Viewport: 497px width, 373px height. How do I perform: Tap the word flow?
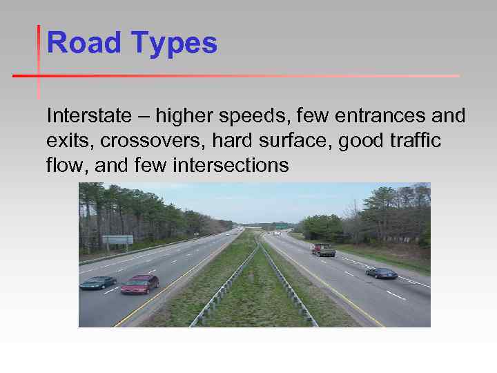[64, 166]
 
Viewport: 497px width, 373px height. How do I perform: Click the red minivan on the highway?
[139, 284]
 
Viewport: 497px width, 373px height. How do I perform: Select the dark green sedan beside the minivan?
[98, 282]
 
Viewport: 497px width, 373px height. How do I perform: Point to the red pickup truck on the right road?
[323, 250]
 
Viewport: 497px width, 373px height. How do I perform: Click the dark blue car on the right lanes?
[381, 273]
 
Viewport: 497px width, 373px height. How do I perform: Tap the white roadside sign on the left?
[117, 240]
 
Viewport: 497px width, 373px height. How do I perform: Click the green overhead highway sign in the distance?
[282, 225]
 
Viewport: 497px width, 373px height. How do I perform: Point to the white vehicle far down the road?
[276, 234]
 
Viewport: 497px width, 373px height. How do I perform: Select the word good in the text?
[364, 142]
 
